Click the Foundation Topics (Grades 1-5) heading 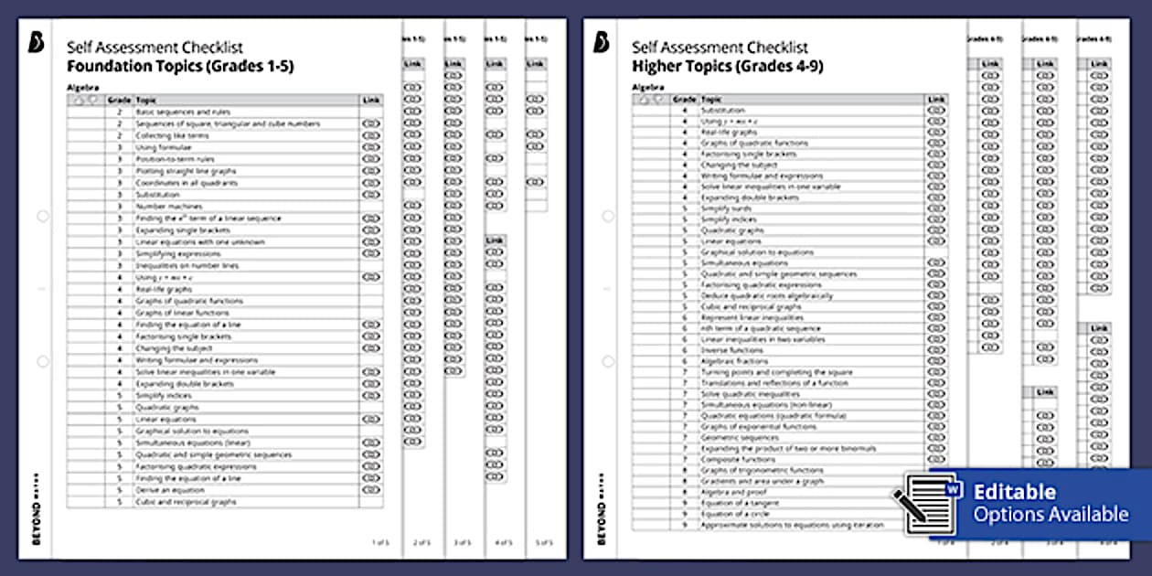(179, 67)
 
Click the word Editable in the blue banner (1014, 493)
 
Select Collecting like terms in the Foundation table (165, 135)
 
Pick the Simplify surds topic (726, 208)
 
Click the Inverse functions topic (731, 350)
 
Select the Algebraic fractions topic (734, 361)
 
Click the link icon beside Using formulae (370, 147)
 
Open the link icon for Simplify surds (935, 208)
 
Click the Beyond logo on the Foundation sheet (36, 43)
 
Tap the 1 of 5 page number (379, 542)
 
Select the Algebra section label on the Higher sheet (646, 87)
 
